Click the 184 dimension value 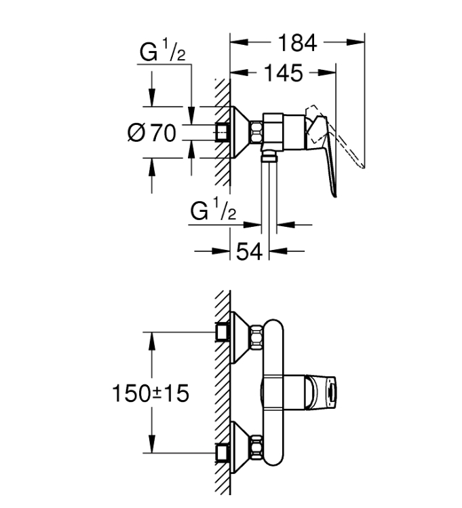[x=297, y=43]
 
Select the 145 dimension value [x=284, y=73]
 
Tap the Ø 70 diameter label [x=152, y=133]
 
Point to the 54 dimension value [x=249, y=251]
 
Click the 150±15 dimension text [x=151, y=393]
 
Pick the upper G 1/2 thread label [x=162, y=50]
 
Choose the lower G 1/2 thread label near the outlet [x=213, y=210]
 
